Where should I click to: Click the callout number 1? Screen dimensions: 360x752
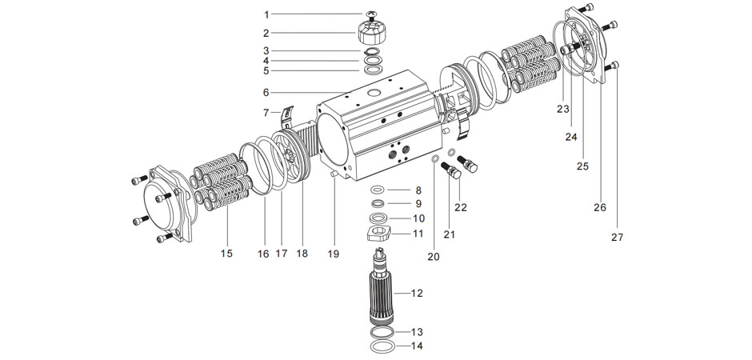(267, 14)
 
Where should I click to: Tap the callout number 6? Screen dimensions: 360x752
(267, 92)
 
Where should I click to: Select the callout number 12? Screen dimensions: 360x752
(417, 293)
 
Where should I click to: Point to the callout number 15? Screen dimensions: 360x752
(226, 254)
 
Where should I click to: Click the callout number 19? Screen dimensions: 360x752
(334, 254)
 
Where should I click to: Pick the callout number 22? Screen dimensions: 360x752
(460, 207)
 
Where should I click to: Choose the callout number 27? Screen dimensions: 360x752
(617, 237)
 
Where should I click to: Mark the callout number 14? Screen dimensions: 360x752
(417, 346)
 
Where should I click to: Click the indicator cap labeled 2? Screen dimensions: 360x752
(372, 34)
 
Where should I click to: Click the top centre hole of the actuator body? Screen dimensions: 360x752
(373, 94)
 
